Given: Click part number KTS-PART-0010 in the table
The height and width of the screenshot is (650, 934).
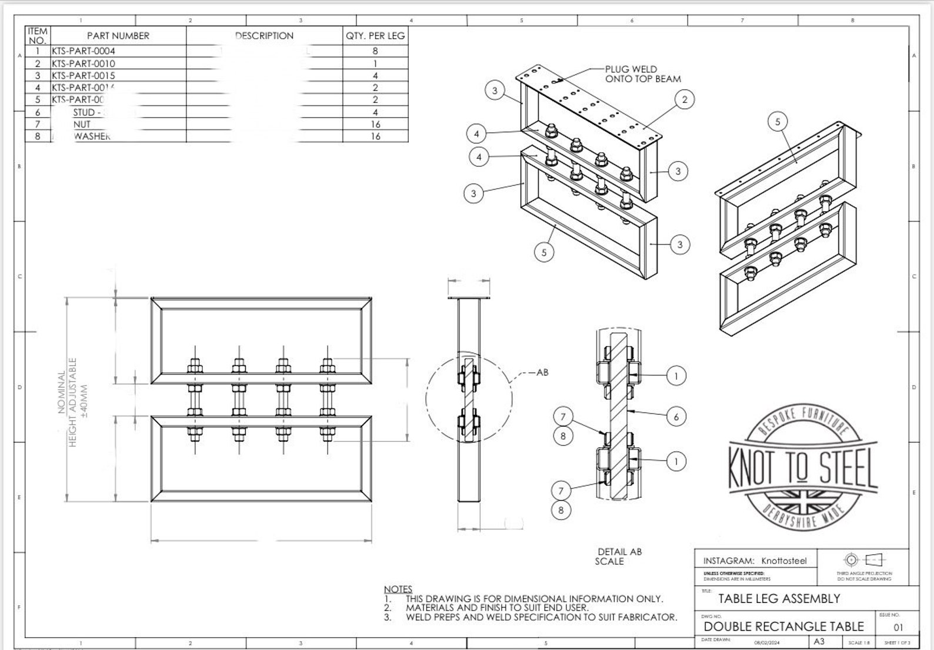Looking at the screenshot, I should pos(83,63).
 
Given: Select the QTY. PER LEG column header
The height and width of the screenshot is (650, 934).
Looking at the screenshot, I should pos(375,36).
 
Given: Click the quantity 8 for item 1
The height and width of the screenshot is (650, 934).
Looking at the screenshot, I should pos(375,51).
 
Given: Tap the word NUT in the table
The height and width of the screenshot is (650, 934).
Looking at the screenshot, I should pos(82,124).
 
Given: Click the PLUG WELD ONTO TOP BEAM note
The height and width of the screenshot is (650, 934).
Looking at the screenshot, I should pos(642,74).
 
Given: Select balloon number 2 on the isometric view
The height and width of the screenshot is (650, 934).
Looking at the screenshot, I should pos(684,99).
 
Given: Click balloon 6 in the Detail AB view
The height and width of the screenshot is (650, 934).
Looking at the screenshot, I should pos(676,417).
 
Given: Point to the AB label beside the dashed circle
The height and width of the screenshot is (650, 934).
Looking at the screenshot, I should pos(542,373).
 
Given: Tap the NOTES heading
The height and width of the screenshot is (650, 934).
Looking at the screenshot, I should pos(398,589).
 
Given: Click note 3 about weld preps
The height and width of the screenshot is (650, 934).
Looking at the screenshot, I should pos(541,617).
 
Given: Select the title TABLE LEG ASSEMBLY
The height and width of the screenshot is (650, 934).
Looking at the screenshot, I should pos(779,599).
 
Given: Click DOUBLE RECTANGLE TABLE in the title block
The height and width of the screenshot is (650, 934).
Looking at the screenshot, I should pos(783,626).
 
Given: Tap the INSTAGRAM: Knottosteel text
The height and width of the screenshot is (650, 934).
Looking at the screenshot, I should pos(755,561).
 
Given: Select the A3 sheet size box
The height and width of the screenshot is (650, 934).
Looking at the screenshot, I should pos(819,642).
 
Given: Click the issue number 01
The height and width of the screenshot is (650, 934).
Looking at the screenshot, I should pos(898,627).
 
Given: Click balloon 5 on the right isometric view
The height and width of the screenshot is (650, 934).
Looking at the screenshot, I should pos(778,122).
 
